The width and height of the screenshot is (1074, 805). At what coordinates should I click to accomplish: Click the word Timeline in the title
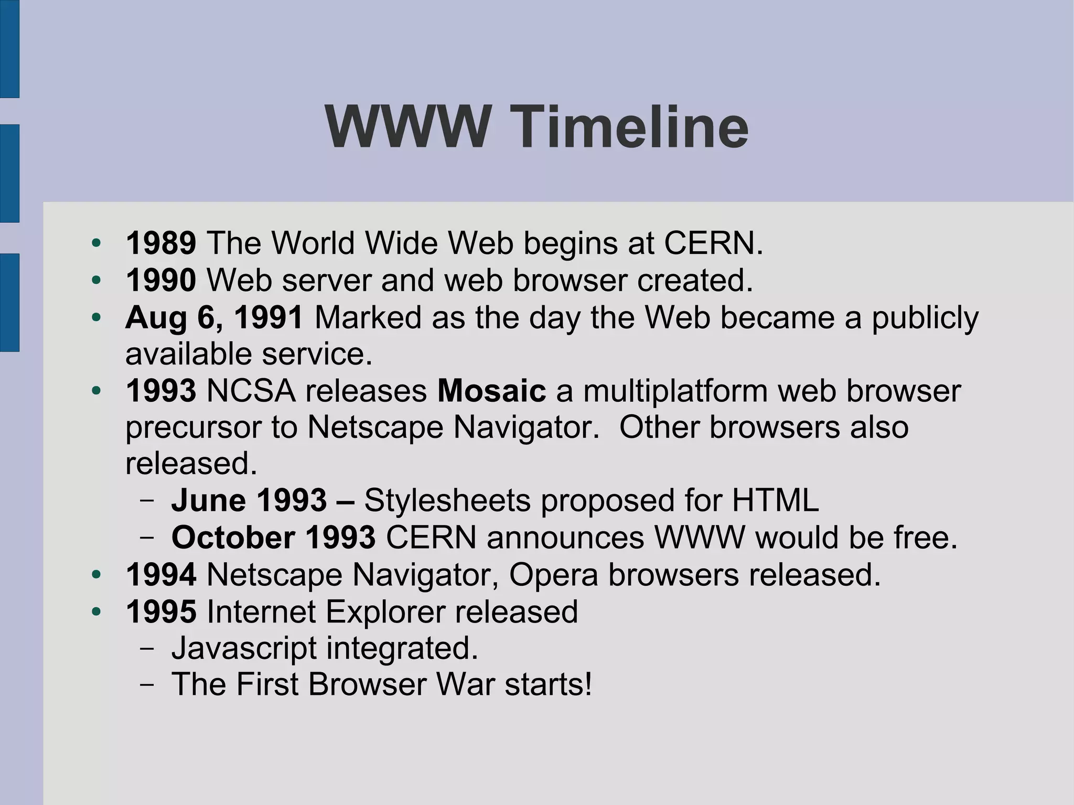(629, 127)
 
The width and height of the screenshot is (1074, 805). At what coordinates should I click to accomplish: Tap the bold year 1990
(161, 280)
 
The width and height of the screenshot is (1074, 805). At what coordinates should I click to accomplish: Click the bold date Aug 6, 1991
(214, 317)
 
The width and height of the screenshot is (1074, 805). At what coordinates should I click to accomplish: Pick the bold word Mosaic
(491, 391)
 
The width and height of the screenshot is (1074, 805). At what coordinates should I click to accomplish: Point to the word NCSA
(251, 391)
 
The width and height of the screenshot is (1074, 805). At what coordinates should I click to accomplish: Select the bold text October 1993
(273, 538)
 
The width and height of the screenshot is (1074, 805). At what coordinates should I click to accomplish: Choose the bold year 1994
(161, 575)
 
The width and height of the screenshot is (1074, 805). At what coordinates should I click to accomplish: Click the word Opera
(553, 575)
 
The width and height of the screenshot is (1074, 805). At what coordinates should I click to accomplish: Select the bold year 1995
(161, 611)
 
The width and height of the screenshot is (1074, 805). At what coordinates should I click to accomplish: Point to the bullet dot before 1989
(95, 243)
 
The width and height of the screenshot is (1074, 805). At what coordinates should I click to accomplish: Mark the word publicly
(925, 318)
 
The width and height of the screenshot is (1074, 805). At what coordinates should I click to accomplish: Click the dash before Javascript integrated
(147, 648)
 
